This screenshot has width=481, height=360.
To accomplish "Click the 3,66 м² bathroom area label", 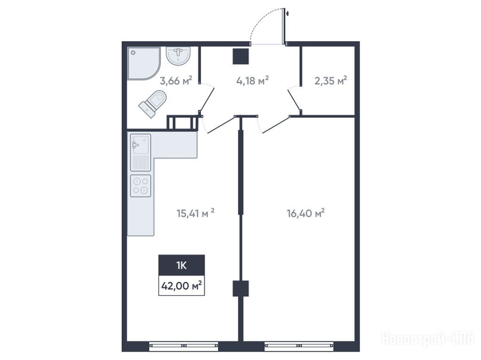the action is coord(176,81).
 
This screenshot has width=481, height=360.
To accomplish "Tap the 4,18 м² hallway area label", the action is coord(252,81).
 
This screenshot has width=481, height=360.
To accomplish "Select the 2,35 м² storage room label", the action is coord(331,81).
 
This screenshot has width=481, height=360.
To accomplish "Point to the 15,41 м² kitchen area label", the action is coord(195,213).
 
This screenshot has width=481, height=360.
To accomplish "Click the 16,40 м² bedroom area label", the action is coord(305,213).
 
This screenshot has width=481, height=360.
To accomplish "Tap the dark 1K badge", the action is coord(182,265).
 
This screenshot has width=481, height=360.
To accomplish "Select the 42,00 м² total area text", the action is coord(182,286).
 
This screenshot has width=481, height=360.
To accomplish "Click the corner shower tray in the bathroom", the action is coord(144,63).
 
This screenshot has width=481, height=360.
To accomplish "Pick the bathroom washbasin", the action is coord(178,55).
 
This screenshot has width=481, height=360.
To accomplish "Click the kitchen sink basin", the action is coord(140,144).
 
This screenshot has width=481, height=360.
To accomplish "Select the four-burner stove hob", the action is coord(140,186).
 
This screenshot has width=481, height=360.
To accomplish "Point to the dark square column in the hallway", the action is coord(240,56).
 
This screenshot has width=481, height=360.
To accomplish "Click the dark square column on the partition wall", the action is coord(240,289).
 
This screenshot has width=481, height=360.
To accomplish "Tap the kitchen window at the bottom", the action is coord(184,345).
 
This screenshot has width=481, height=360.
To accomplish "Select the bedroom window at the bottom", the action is coord(299,345).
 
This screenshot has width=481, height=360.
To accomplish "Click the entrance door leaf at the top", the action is coord(283,26).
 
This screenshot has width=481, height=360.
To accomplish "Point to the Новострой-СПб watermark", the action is coord(428,339).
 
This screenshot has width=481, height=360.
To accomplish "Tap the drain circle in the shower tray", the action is coord(133,53).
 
